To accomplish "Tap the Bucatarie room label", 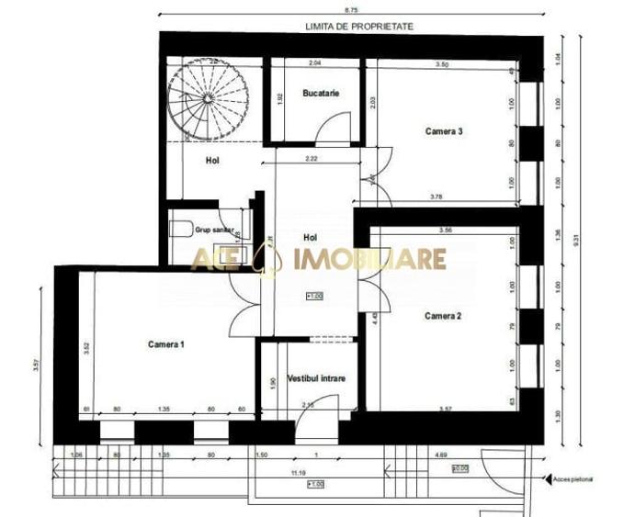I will tap(321, 94).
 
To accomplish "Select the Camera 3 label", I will tap(443, 131).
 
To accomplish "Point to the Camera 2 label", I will tap(443, 316).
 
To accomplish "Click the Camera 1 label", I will tap(166, 344).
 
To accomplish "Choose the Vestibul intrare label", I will tap(311, 378).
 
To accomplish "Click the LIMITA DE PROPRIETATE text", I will tap(358, 27).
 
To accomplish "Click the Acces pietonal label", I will tap(575, 478).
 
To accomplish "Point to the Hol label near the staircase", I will tap(212, 160).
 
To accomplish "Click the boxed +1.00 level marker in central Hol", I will tap(313, 296).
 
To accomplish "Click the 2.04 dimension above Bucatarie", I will tap(314, 64).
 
